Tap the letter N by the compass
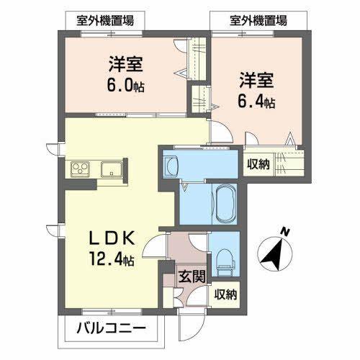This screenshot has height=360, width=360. pyautogui.click(x=286, y=232)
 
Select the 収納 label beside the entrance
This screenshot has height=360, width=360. pyautogui.click(x=225, y=294)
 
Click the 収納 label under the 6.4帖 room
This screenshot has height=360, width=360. pyautogui.click(x=258, y=165)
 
